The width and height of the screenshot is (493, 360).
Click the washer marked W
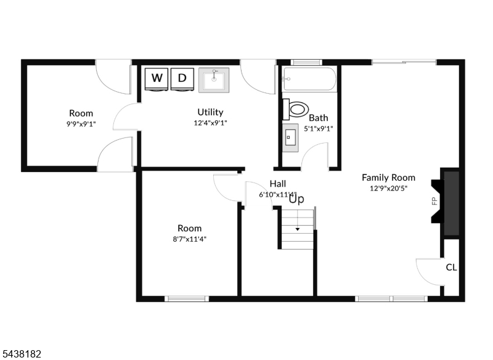click(157, 79)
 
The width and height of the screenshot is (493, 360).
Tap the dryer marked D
click(182, 79)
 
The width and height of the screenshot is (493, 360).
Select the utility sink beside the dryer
click(214, 80)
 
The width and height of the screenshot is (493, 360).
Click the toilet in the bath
click(295, 109)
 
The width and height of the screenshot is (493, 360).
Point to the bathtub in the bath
click(309, 79)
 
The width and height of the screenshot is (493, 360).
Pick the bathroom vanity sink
click(290, 137)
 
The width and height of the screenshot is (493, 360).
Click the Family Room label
click(388, 178)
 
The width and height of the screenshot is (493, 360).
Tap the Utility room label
click(210, 112)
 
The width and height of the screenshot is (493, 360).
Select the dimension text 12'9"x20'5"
click(388, 189)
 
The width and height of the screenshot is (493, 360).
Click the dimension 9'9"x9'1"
click(81, 124)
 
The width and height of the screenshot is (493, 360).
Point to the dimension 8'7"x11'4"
click(189, 239)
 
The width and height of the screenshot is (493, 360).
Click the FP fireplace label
click(435, 200)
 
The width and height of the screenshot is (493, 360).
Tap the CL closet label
click(451, 268)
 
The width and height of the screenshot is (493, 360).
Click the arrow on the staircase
click(297, 229)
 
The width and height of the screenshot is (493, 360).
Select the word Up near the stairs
click(296, 199)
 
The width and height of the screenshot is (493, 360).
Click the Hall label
click(278, 184)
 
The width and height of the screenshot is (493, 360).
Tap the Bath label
click(318, 118)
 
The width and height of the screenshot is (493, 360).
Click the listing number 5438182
click(21, 354)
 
